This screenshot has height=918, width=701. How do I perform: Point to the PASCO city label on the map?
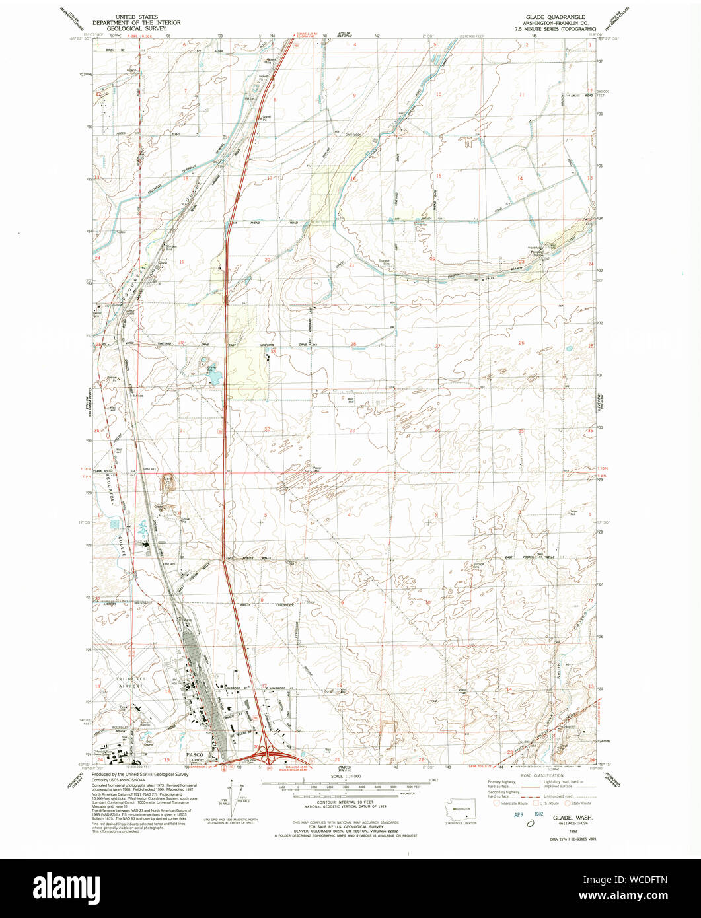coord(195,754)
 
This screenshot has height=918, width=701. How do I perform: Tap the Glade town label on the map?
coord(164,262)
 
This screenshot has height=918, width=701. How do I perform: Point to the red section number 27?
coord(437,346)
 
